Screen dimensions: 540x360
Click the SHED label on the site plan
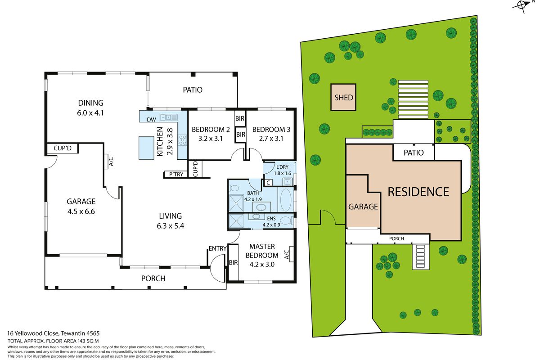(x=343, y=98)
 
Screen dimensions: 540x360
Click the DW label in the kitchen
(x=151, y=119)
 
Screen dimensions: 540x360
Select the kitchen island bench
(x=146, y=148)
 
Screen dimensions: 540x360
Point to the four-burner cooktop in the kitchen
(x=183, y=140)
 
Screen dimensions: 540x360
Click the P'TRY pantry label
(x=176, y=174)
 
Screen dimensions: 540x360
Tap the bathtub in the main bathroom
(x=286, y=200)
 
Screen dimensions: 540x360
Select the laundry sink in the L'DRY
(x=288, y=181)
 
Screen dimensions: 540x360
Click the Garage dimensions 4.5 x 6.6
(x=81, y=211)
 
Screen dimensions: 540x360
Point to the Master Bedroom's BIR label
(x=233, y=263)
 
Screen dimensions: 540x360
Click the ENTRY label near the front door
(x=217, y=248)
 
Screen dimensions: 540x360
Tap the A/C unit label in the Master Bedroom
(x=287, y=255)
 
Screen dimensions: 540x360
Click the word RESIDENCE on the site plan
(x=418, y=192)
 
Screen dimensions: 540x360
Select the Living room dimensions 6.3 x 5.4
(x=171, y=226)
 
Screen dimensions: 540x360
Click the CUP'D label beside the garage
(x=63, y=148)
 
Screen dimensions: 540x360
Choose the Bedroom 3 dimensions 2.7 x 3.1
(x=271, y=139)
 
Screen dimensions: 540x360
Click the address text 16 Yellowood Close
(x=33, y=333)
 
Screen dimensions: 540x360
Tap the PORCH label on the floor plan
(x=153, y=279)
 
